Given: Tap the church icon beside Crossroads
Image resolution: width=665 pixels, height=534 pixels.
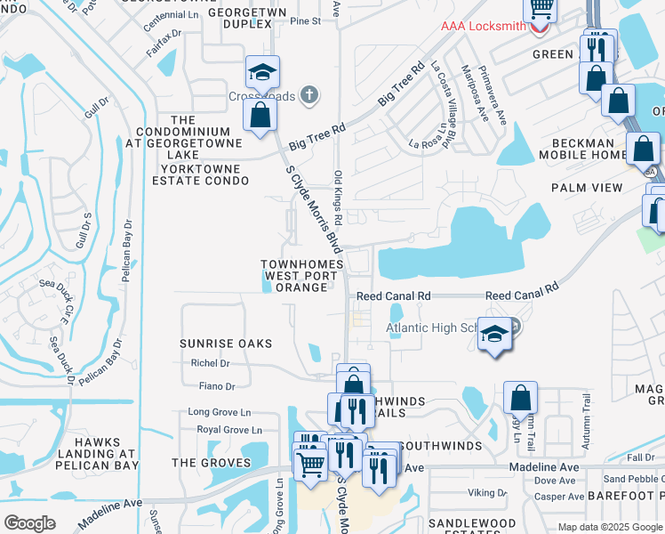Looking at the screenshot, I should (x=308, y=95).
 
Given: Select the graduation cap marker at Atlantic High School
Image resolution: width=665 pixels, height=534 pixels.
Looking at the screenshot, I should (x=495, y=336).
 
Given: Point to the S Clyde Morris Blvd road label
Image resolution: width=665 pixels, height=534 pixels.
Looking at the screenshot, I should (x=313, y=207).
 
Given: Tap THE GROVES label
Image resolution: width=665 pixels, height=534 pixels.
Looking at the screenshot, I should (x=207, y=463).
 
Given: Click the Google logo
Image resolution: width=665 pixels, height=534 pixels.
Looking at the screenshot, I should (x=29, y=523).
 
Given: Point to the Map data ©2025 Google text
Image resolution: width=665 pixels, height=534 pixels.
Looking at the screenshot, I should (x=609, y=527).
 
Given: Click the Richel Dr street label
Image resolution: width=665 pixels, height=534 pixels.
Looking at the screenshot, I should (x=210, y=363).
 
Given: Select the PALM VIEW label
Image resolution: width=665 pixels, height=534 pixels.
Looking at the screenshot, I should (x=587, y=188).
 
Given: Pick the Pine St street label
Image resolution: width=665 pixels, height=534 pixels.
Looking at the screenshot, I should (x=304, y=20).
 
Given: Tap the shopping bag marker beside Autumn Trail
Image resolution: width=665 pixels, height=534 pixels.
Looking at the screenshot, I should (x=520, y=397).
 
